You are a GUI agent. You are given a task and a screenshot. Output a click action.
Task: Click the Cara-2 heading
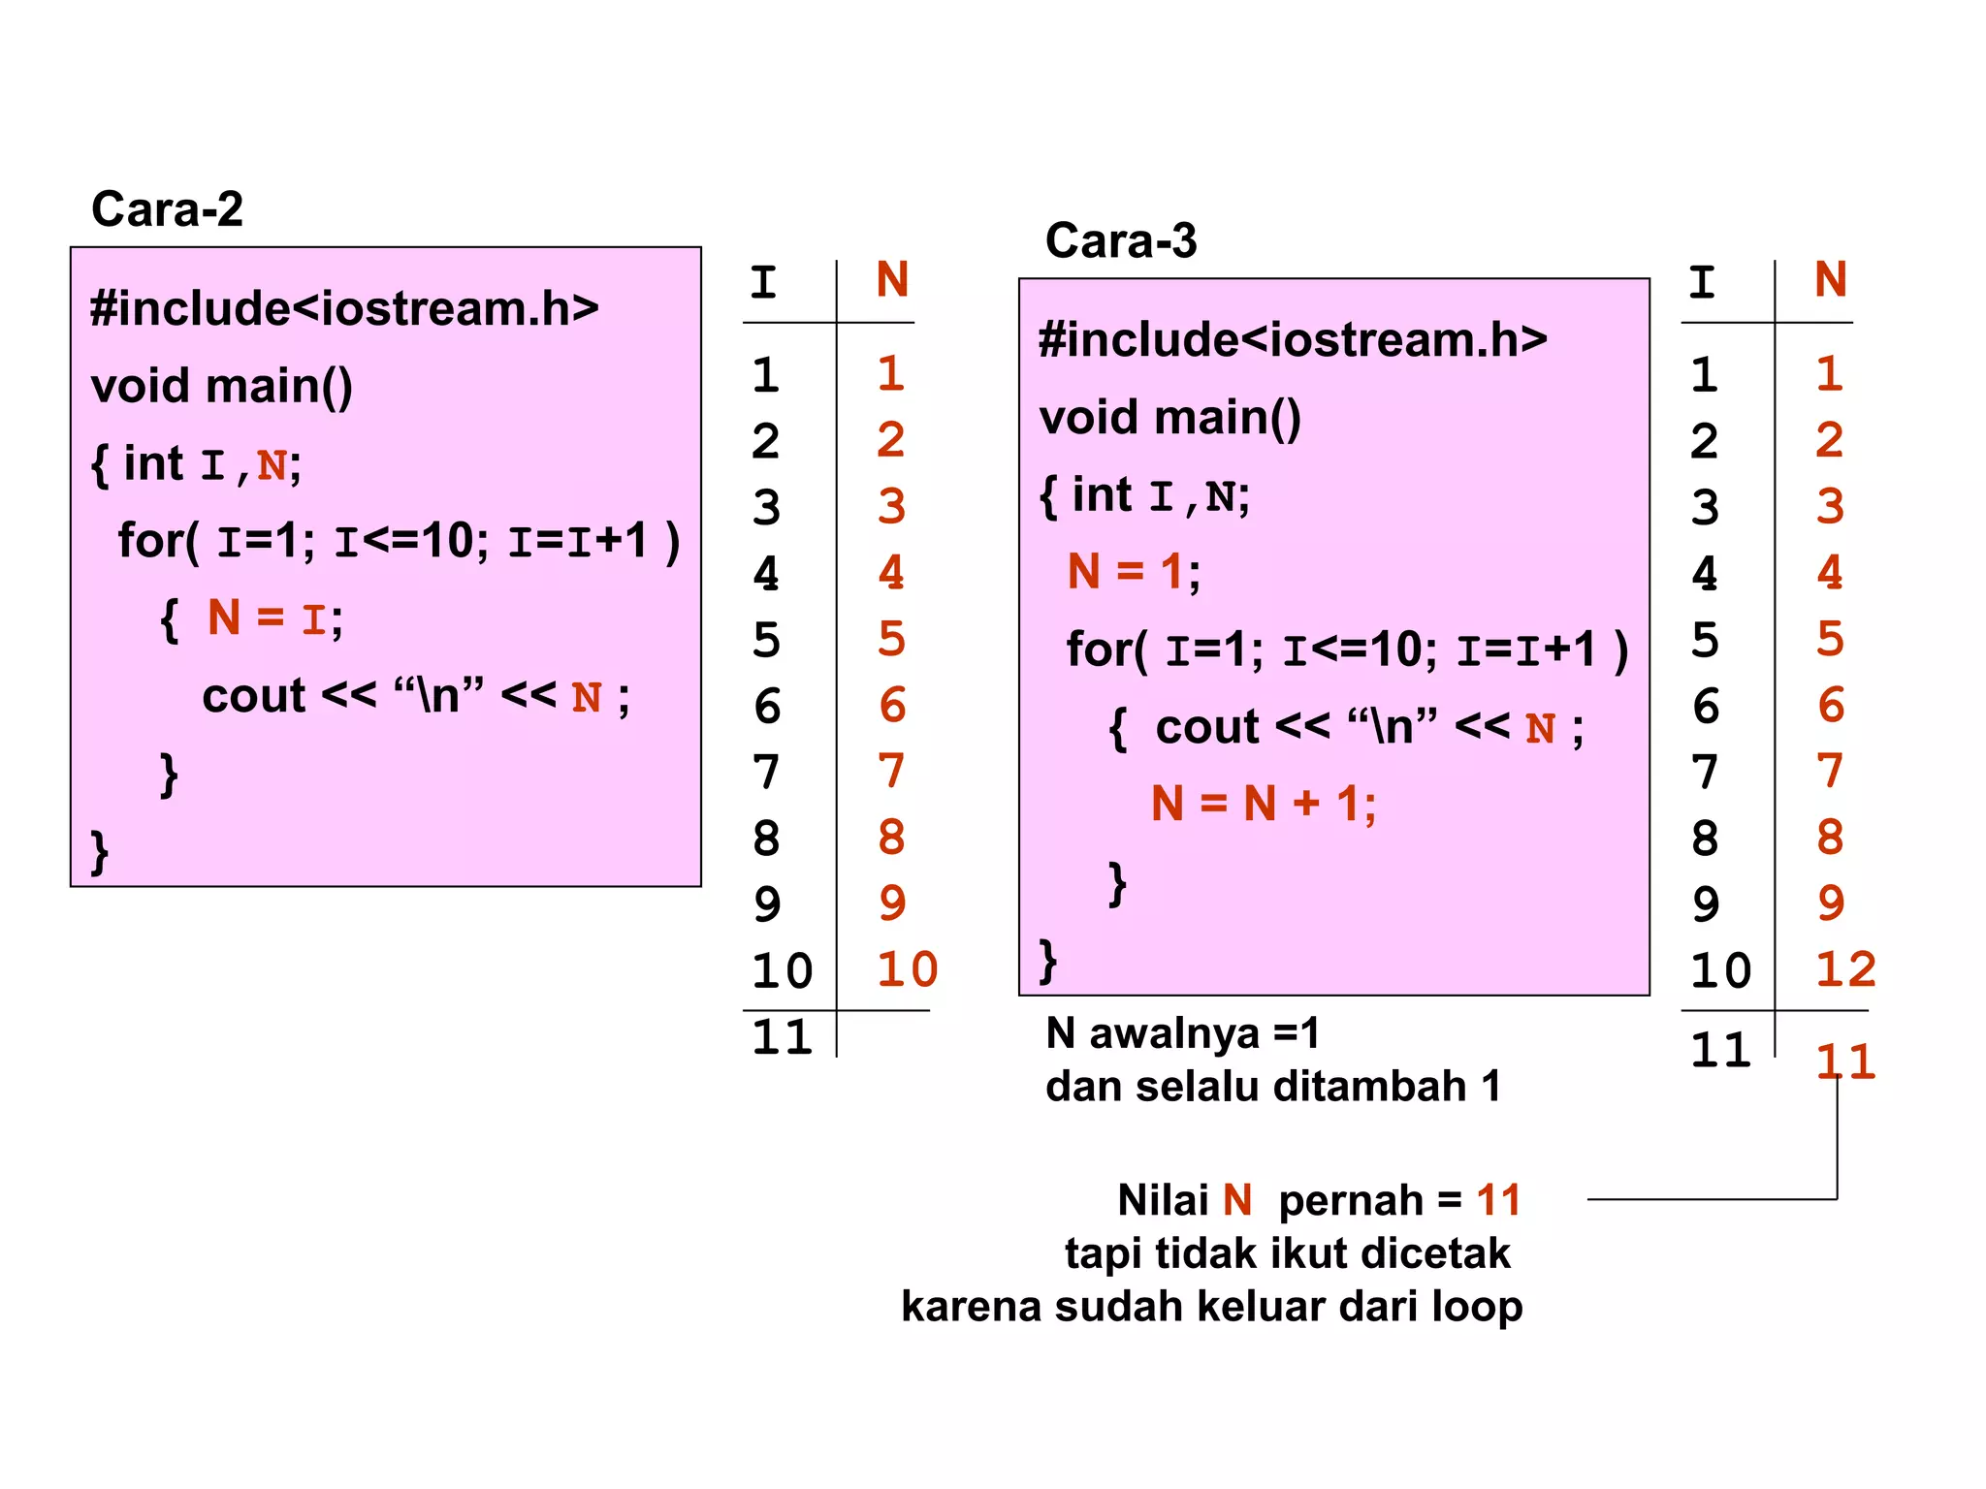coord(167,209)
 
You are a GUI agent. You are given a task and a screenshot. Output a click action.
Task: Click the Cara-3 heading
coord(1121,240)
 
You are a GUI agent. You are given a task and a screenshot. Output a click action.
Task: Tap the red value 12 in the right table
coord(1845,969)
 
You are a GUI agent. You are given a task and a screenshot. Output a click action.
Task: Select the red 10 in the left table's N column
coord(907,969)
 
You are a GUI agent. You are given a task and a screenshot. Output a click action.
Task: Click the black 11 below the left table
coord(782,1038)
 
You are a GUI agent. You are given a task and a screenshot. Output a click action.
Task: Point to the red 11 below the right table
coord(1844,1061)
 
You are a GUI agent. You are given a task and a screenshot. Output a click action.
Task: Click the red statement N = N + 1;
coord(1263,804)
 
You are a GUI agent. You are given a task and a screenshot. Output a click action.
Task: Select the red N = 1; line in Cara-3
coord(1133,571)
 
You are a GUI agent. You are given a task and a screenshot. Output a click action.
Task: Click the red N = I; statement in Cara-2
coord(273,618)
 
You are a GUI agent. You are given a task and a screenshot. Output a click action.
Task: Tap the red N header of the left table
coord(892,280)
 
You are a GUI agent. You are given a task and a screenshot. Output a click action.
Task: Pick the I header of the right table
coord(1702,283)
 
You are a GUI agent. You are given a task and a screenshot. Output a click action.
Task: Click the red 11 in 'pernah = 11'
coord(1498,1200)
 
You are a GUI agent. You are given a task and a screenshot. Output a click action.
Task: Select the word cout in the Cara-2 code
coord(253,696)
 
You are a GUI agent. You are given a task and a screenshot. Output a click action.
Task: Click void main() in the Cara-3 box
coord(1169,418)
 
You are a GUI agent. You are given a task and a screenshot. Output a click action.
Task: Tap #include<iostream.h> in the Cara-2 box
coord(344,309)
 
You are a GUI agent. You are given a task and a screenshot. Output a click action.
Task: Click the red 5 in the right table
coord(1830,639)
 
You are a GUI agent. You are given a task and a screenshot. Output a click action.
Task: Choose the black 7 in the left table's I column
coord(766,773)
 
